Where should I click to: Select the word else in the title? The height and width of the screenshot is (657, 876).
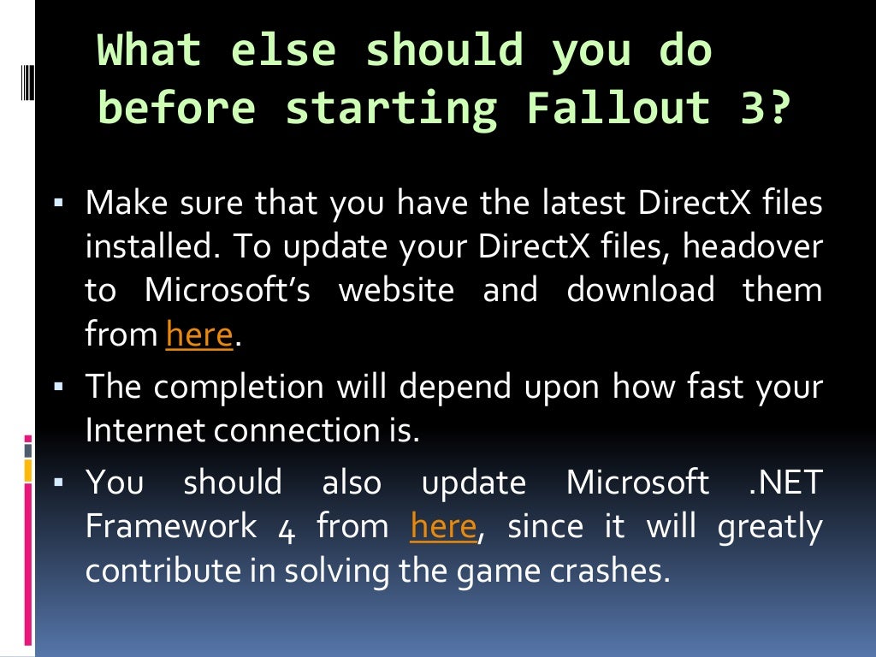point(282,51)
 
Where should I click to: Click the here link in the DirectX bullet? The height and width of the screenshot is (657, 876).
point(199,334)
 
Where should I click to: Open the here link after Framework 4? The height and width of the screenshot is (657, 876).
point(443,526)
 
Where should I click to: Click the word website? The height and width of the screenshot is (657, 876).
point(396,290)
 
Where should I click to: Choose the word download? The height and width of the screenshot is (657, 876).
point(641,290)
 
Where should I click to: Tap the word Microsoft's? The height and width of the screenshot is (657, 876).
point(228,290)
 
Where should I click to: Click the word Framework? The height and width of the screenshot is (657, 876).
point(171,526)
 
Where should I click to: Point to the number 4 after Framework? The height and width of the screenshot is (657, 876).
point(287,528)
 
